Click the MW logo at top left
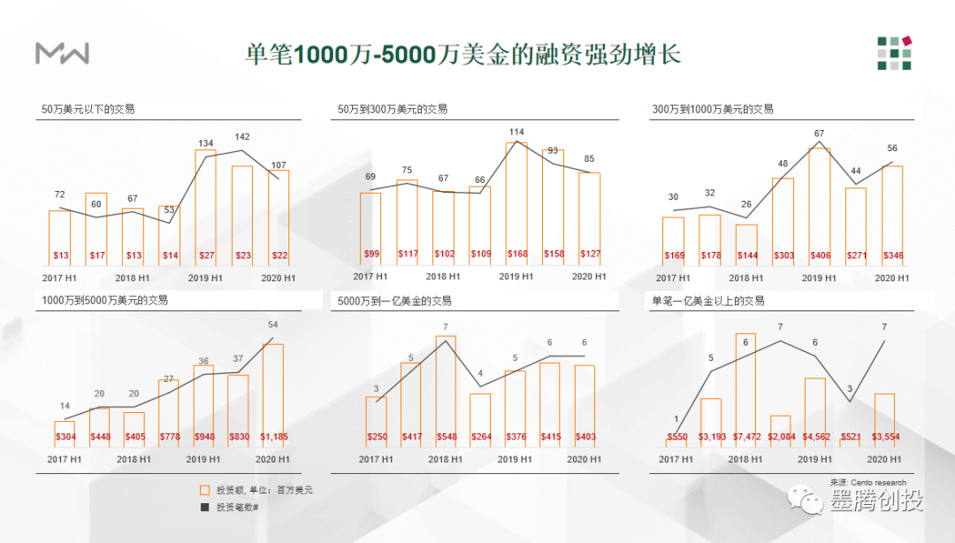pos(62,53)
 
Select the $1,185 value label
pos(272,437)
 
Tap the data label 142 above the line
pos(242,137)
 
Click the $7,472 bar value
pos(745,437)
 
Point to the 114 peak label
pos(516,133)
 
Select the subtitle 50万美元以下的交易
pos(88,110)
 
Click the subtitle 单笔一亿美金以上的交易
pos(707,302)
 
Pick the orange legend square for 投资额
pos(205,490)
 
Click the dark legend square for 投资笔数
pos(205,507)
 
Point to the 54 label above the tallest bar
pos(272,325)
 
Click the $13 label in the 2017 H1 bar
pos(60,256)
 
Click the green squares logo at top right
pos(894,52)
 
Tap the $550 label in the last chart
pos(676,437)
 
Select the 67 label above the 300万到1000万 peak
pos(819,134)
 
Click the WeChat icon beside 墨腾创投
pos(812,501)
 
